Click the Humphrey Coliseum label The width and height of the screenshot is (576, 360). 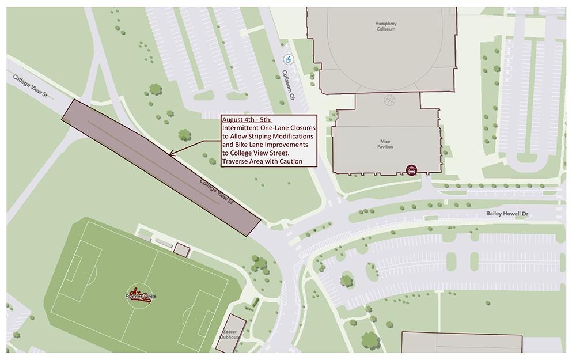[385, 26]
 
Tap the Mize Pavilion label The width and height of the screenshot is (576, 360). [386, 144]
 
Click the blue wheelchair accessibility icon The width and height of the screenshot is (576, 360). [288, 59]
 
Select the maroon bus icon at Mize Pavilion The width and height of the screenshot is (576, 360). [411, 169]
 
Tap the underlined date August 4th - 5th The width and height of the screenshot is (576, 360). [243, 120]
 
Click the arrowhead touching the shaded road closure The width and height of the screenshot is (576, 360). [171, 153]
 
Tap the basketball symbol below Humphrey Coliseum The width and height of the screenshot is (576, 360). [390, 100]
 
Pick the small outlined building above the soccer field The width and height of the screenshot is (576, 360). [181, 250]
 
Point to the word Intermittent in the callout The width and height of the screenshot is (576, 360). [241, 128]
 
